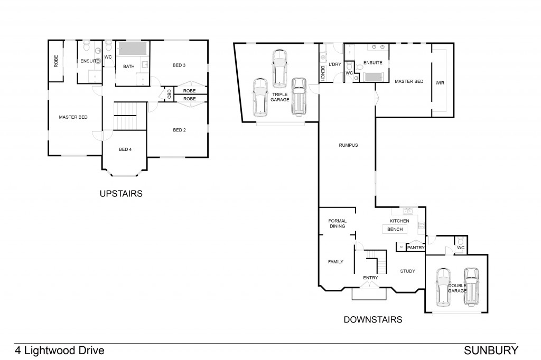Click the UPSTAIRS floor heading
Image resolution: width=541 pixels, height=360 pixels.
coord(121,194)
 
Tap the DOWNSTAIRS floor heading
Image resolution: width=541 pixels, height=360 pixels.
coord(373,319)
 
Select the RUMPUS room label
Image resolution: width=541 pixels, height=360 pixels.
coord(349,145)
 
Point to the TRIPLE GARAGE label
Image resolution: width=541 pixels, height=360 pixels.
coord(280,97)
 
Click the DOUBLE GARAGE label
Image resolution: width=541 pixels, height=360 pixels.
coord(456,288)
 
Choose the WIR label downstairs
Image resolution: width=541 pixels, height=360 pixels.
coord(440,82)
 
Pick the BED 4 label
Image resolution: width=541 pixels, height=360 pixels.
coord(125,149)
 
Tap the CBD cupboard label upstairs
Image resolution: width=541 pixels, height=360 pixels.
coord(169,94)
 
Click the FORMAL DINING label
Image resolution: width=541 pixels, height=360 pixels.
coord(337,223)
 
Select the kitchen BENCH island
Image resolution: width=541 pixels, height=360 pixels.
coord(395,230)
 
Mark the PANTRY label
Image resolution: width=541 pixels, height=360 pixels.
coord(416,247)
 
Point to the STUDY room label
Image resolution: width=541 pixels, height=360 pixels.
coord(407,271)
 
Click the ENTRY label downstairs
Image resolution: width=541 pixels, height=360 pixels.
coord(370,278)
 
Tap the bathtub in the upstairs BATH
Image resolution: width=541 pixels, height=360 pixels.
coord(133,50)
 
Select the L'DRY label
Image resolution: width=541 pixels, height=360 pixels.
coord(335,64)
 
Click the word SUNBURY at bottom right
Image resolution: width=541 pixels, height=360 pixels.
coord(491,350)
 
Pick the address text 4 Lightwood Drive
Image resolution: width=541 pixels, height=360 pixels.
coord(59,350)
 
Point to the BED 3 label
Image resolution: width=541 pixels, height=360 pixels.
coord(179,65)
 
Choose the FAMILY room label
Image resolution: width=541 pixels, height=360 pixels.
coord(335,261)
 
